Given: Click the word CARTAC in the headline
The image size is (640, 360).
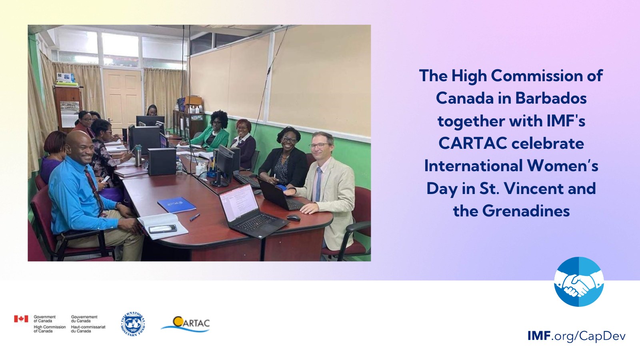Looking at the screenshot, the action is point(473,143).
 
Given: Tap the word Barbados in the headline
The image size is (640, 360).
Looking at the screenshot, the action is point(551,98).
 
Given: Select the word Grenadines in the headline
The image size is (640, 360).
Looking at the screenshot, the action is point(526,211).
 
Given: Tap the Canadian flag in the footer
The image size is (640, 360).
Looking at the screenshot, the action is point(21,319).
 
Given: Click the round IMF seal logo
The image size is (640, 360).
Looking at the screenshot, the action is point(133,324).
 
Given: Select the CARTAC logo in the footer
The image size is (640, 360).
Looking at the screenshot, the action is point(186,324).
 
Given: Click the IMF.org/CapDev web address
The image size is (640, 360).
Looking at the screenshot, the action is point(576,336).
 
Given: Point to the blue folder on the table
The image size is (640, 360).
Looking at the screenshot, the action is point(176,205).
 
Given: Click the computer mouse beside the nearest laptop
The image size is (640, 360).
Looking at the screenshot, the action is point(294,218).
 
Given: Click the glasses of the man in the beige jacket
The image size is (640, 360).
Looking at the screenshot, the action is point(319,146).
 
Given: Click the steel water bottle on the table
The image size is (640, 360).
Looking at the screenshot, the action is point(138,156).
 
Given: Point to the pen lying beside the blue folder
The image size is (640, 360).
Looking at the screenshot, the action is point(194,217).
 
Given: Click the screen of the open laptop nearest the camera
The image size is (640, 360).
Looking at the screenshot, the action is point(239,202).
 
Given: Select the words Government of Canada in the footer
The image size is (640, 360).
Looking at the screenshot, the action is point(44,319).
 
